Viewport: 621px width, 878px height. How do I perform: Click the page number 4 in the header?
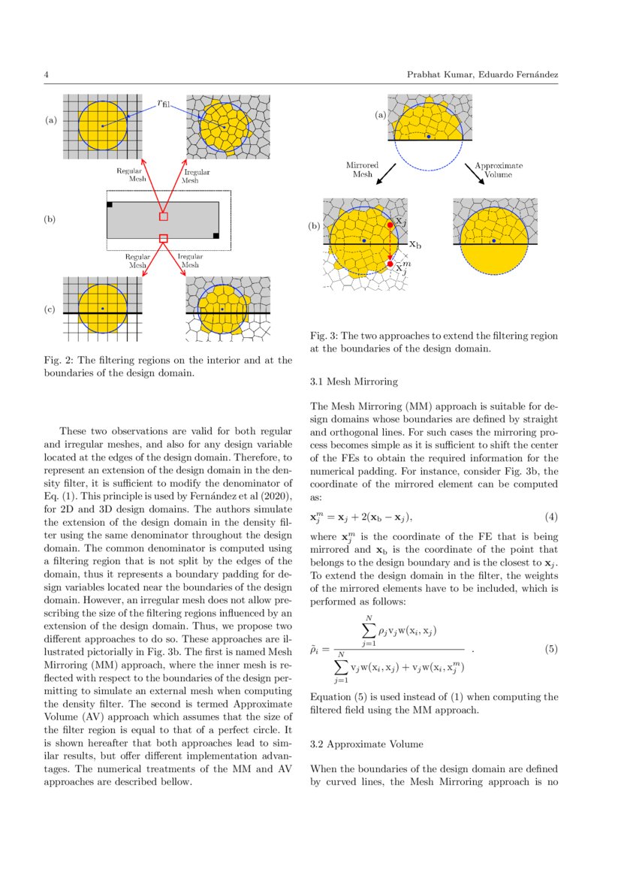47,75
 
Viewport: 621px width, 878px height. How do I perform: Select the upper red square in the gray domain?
164,216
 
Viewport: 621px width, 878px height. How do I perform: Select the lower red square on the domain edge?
164,238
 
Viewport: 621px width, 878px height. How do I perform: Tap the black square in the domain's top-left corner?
110,204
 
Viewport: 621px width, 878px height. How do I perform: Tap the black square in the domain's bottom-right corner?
216,236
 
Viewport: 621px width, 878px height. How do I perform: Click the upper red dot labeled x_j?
390,225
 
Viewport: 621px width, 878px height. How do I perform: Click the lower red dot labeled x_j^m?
390,264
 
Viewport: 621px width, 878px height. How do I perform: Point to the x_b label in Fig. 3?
415,244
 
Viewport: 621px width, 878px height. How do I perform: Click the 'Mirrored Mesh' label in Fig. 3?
362,169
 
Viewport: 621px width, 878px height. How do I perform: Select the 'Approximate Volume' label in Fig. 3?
499,169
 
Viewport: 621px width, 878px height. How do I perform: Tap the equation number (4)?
550,518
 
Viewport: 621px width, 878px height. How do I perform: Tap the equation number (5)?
550,649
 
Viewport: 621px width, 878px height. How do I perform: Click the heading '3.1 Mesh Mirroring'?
348,382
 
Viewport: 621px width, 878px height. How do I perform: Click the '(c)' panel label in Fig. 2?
50,309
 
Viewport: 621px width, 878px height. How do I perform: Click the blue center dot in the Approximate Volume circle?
493,241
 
